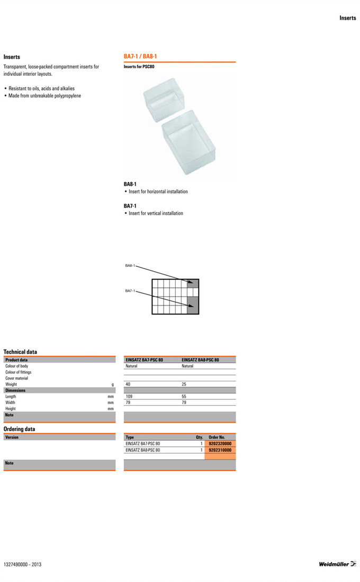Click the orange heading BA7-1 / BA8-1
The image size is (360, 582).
pyautogui.click(x=140, y=56)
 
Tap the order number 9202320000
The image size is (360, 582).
pyautogui.click(x=220, y=444)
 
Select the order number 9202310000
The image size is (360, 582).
pyautogui.click(x=220, y=450)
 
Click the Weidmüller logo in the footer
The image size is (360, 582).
pyautogui.click(x=337, y=564)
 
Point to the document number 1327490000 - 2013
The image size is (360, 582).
pyautogui.click(x=22, y=565)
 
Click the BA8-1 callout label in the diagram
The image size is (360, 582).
pyautogui.click(x=130, y=265)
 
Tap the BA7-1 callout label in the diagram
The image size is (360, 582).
pyautogui.click(x=130, y=291)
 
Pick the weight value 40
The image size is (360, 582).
pyautogui.click(x=128, y=384)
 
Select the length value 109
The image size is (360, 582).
pyautogui.click(x=129, y=396)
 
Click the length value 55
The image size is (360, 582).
pyautogui.click(x=184, y=396)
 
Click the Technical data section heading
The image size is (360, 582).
pyautogui.click(x=20, y=352)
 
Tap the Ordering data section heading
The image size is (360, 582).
pyautogui.click(x=20, y=429)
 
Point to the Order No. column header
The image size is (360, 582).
pyautogui.click(x=217, y=437)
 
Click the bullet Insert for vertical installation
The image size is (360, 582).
pyautogui.click(x=156, y=213)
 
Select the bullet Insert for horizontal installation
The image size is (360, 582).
pyautogui.click(x=158, y=192)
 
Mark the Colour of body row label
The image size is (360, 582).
pyautogui.click(x=17, y=366)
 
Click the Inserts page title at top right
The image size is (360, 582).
pyautogui.click(x=348, y=18)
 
